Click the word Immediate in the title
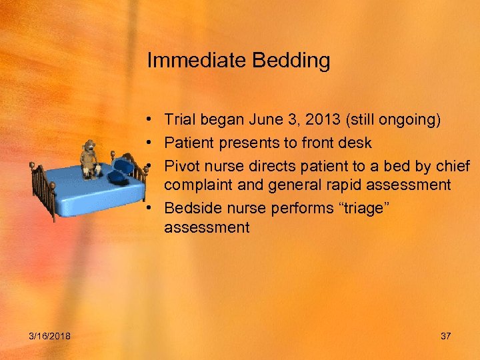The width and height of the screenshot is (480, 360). tap(197, 61)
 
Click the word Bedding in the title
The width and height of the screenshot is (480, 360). tap(291, 61)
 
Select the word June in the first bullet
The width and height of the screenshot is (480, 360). tap(265, 119)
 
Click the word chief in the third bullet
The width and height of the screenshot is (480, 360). tap(452, 165)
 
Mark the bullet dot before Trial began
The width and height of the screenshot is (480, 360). tap(153, 119)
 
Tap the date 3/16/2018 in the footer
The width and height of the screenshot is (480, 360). tap(50, 336)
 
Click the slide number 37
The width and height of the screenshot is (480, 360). tap(445, 336)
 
